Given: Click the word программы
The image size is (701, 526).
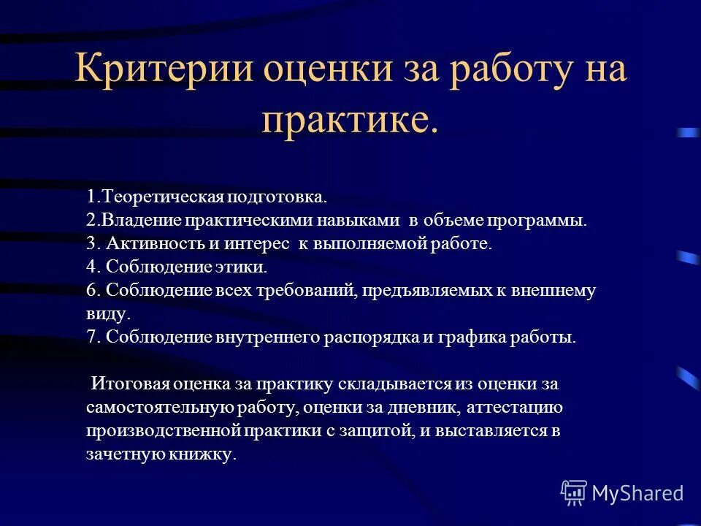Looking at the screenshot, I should click(x=540, y=220).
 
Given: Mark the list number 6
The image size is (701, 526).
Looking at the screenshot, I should click(x=91, y=290).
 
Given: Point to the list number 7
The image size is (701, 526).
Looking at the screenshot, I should click(x=91, y=337).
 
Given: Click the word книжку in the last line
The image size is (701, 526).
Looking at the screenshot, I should click(x=204, y=454).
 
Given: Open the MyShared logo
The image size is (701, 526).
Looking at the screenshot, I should click(x=622, y=493).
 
